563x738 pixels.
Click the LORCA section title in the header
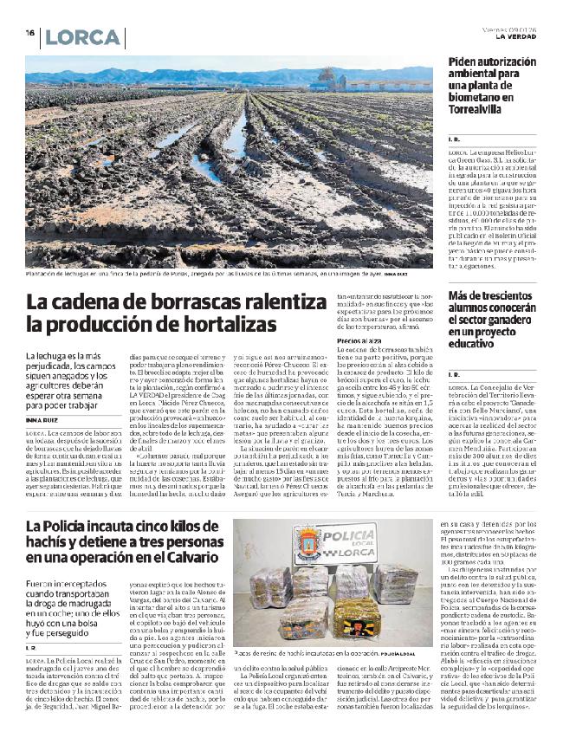[82, 37]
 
